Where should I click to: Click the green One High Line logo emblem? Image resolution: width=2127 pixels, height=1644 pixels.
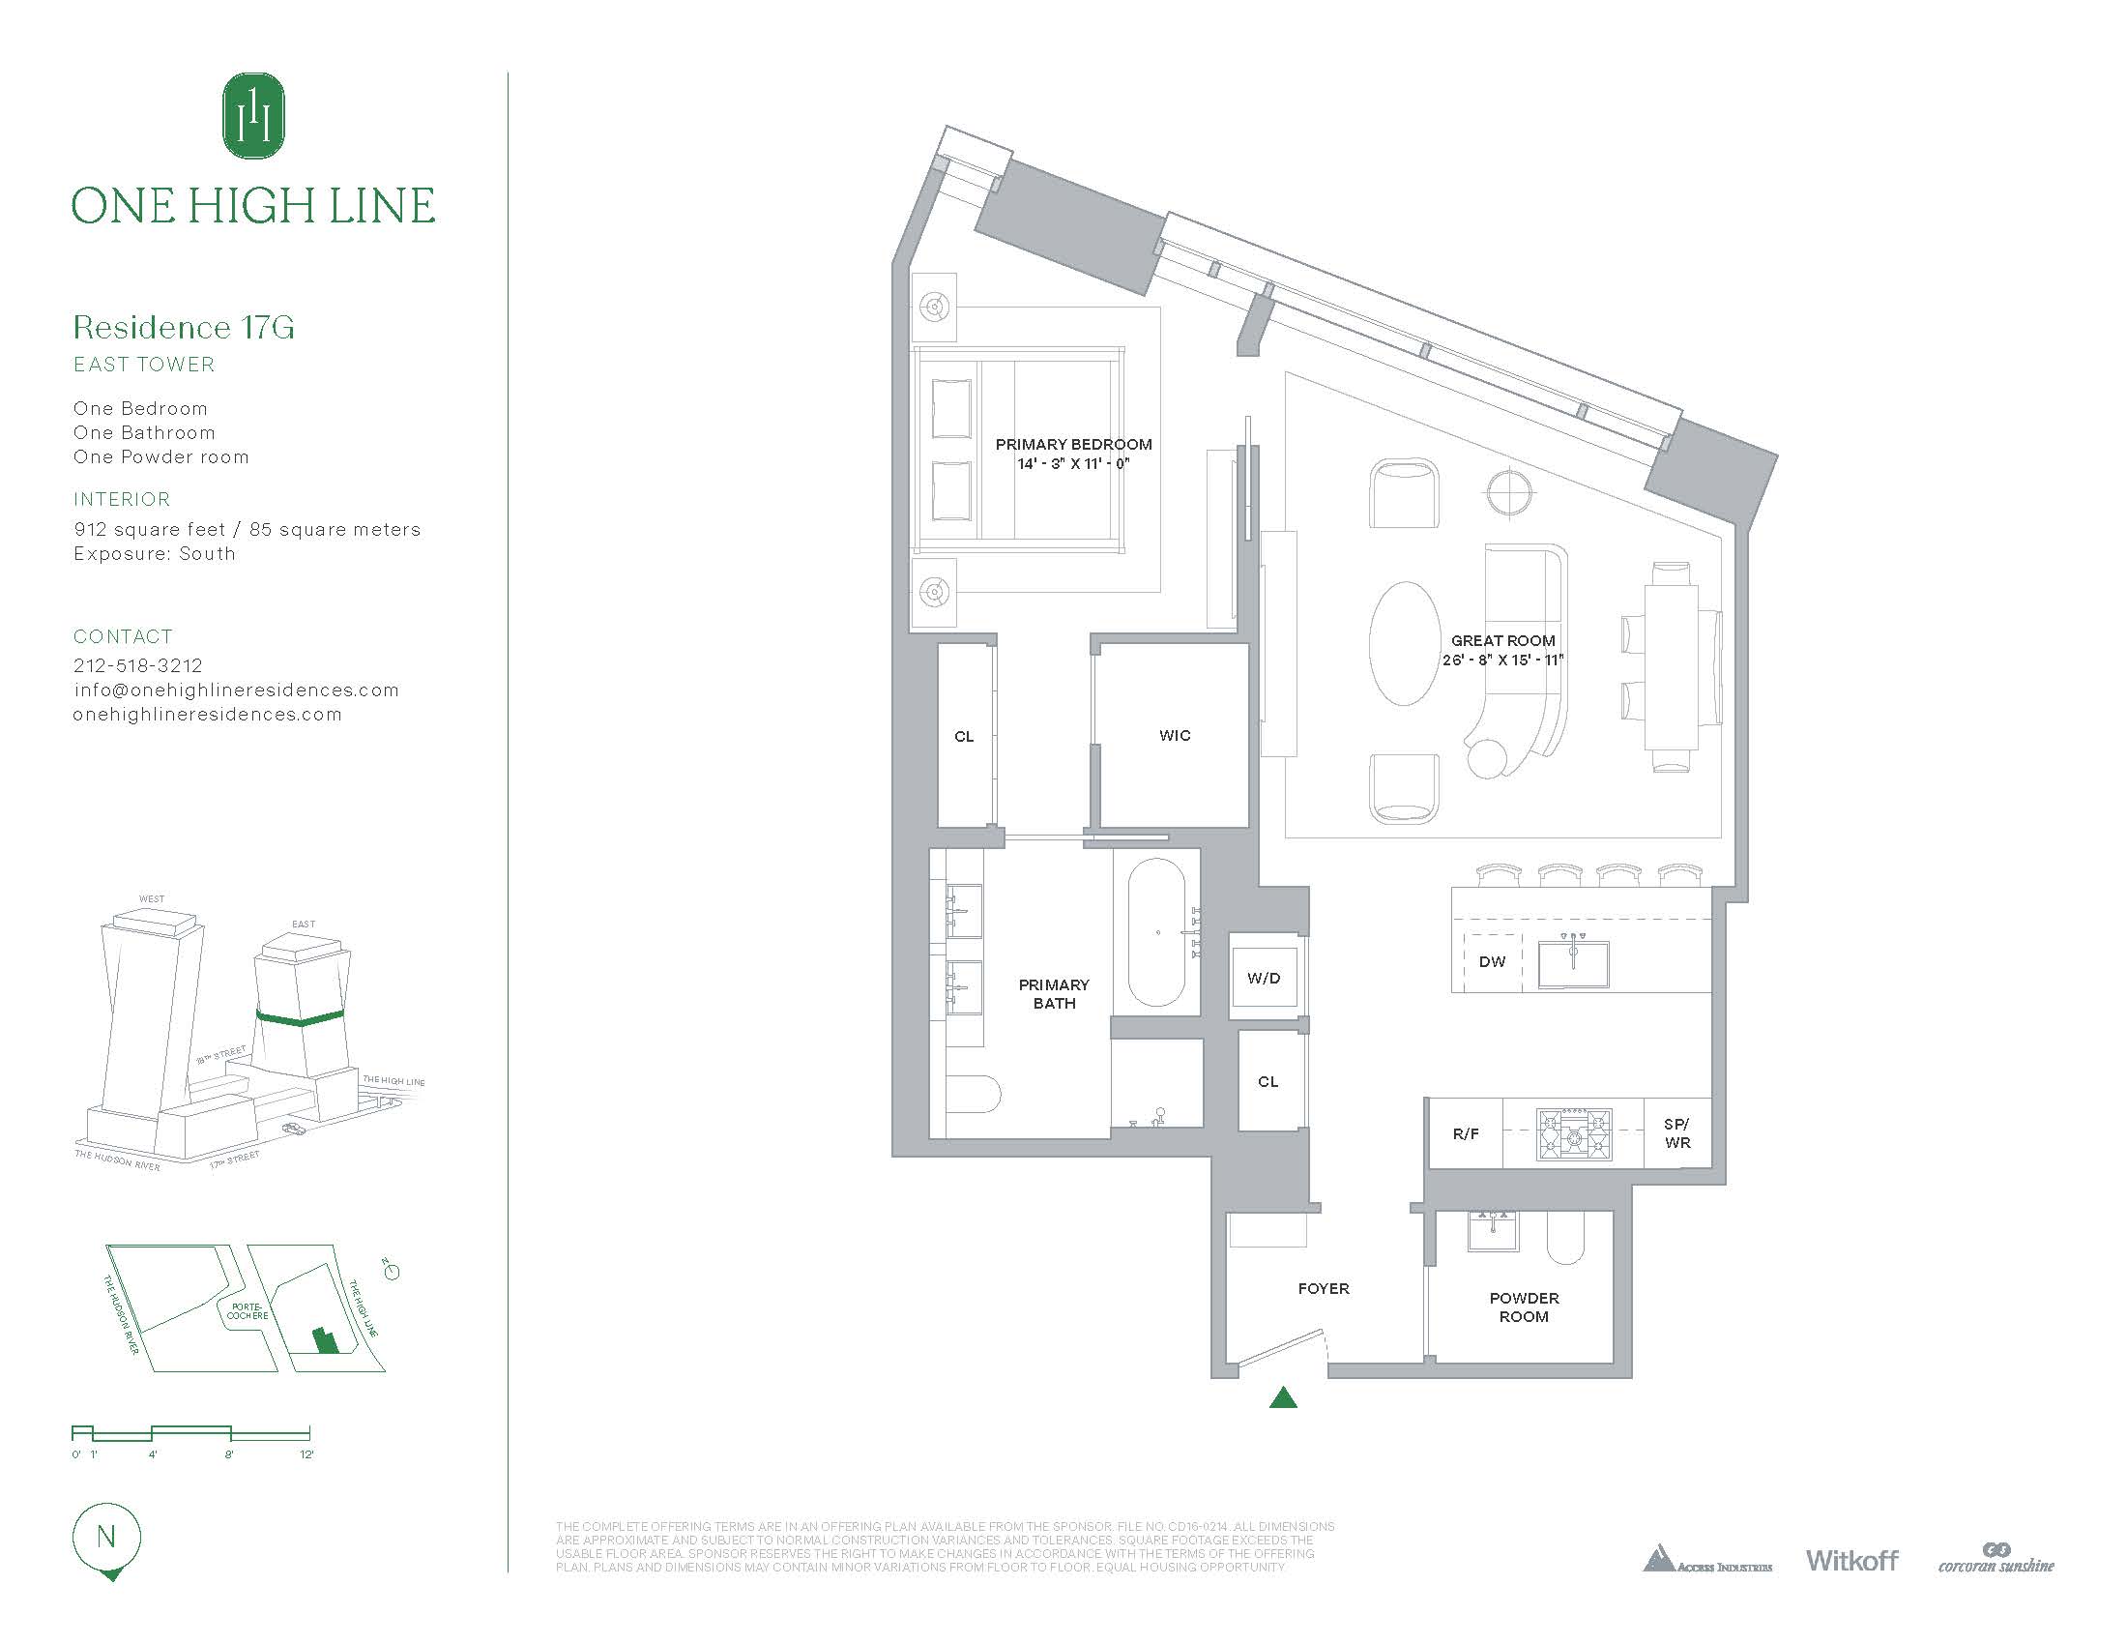253,115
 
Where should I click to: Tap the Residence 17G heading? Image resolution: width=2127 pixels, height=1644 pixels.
183,327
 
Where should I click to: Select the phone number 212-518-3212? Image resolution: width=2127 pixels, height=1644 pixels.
138,665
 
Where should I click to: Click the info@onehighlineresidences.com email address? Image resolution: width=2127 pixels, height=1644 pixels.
236,690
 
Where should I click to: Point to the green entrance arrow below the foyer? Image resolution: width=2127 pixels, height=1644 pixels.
1284,1398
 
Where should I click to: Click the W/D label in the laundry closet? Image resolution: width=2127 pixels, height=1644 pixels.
1264,978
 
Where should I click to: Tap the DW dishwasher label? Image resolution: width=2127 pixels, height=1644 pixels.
1492,961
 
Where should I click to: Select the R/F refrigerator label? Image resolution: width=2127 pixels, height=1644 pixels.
1466,1133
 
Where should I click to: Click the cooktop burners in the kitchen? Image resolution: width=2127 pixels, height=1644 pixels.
1574,1133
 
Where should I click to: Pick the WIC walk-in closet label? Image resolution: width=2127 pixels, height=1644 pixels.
1175,735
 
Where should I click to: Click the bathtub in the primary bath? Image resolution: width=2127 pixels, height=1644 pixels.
1157,932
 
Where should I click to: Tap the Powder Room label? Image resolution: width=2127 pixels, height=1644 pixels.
1524,1307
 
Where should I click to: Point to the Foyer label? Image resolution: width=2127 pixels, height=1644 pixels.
1324,1288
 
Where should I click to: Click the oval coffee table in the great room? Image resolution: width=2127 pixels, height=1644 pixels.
1405,643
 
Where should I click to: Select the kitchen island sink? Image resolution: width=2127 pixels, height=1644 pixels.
1573,964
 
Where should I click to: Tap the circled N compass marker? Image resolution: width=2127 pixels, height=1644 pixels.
106,1538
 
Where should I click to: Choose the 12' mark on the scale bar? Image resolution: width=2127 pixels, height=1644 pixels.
306,1454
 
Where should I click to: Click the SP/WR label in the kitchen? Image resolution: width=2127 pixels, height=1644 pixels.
1677,1133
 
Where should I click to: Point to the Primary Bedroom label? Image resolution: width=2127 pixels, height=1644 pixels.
1073,444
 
